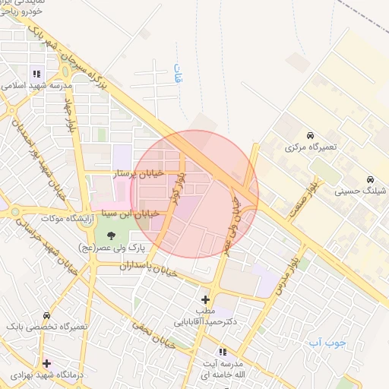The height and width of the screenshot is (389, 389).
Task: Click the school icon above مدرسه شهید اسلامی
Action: click(36, 74)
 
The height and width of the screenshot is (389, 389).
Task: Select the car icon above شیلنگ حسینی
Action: click(369, 179)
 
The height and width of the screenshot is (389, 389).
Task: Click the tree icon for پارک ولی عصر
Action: click(112, 235)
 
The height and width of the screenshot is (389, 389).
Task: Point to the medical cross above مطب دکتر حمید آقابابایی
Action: click(205, 299)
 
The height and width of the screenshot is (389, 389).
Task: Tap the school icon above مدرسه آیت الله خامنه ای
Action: click(223, 352)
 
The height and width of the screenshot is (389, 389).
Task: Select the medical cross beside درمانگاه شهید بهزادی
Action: click(47, 363)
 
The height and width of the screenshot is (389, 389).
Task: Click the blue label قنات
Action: click(179, 74)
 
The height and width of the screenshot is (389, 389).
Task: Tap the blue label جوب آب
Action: click(327, 343)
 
